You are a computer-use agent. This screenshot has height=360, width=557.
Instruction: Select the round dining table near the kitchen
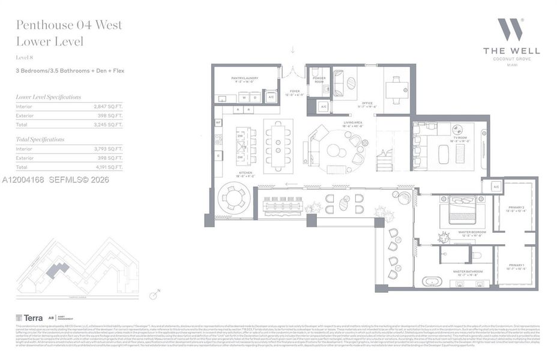pos(231,198)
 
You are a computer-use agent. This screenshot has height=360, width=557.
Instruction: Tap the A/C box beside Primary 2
pos(496,187)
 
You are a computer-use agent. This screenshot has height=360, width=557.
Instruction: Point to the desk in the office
pos(396,88)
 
